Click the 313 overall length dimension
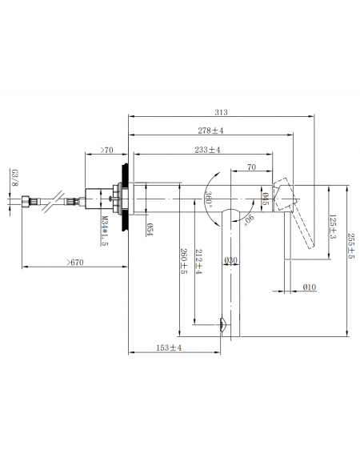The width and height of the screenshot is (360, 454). tap(221, 112)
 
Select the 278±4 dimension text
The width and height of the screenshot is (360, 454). tap(210, 131)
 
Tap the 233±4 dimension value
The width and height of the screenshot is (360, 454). tap(207, 150)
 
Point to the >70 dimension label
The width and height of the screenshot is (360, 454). tap(106, 150)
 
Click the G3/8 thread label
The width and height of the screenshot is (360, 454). tap(14, 178)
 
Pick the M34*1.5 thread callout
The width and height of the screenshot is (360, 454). tap(105, 231)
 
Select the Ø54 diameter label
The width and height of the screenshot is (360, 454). tap(150, 229)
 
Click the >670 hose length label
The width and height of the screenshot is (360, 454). tap(75, 263)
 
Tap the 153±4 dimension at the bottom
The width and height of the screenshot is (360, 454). tap(169, 348)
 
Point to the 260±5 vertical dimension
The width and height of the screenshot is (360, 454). tap(184, 261)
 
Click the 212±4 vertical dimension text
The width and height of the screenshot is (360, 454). tap(198, 262)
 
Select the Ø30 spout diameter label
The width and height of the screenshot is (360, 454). tap(231, 260)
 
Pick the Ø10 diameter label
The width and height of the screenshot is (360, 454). tap(310, 287)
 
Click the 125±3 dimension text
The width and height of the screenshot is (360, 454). tap(333, 227)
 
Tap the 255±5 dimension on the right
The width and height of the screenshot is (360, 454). tap(350, 246)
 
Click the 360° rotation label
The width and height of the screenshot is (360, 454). tap(209, 199)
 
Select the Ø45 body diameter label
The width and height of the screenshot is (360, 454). tap(265, 199)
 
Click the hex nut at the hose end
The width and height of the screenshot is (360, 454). tap(26, 201)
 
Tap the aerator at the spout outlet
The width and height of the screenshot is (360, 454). tap(222, 325)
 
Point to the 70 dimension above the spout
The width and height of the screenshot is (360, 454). tap(252, 167)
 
